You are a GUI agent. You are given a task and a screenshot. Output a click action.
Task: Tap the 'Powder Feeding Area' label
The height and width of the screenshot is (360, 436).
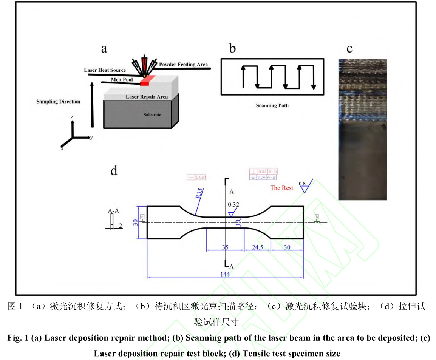(x=183, y=64)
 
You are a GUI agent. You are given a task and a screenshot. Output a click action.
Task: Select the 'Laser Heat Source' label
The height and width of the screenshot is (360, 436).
(x=105, y=70)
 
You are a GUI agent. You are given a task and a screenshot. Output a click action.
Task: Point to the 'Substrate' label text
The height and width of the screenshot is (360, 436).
(x=152, y=114)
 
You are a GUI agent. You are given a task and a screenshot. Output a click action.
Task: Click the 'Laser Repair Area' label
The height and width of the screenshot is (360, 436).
(x=147, y=97)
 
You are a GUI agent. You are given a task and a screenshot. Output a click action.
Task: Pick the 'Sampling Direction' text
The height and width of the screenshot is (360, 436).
(x=58, y=102)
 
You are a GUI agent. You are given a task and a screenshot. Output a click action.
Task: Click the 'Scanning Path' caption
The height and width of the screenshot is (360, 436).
(x=272, y=105)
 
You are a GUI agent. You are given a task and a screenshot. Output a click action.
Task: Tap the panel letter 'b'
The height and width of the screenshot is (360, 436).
(x=233, y=48)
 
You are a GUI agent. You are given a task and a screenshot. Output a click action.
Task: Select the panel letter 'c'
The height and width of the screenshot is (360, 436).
(x=349, y=48)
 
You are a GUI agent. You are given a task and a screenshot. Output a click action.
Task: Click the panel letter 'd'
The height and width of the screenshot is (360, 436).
(x=114, y=171)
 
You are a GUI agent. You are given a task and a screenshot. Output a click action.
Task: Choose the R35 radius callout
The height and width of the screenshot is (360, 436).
(x=199, y=193)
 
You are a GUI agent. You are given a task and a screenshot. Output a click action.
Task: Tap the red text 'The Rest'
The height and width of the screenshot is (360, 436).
(x=281, y=188)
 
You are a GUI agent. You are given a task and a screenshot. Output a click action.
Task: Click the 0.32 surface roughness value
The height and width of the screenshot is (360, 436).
(x=233, y=205)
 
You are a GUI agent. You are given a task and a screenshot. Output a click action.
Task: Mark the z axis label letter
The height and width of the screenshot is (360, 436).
(x=72, y=117)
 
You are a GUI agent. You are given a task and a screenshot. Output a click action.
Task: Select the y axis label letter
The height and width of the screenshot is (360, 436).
(x=91, y=138)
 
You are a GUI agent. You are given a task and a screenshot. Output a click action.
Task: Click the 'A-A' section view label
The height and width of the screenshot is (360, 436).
(x=111, y=211)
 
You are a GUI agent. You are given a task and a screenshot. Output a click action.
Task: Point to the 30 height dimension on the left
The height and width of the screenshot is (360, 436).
(x=135, y=222)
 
